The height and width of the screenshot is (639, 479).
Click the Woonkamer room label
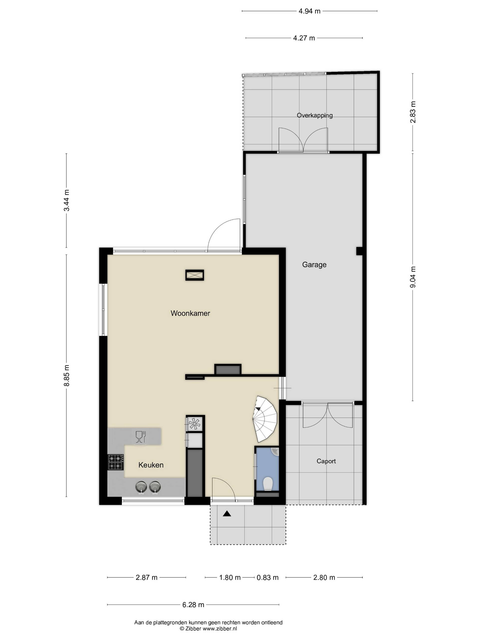[190, 313]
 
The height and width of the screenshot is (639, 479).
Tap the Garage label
[314, 265]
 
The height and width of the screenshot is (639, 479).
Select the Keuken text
[151, 465]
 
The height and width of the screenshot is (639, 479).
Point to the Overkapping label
[314, 115]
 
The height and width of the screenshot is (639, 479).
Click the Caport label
[326, 461]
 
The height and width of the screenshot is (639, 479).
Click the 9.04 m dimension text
[413, 277]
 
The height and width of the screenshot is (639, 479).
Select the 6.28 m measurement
[193, 605]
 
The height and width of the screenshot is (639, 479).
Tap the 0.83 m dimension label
[267, 577]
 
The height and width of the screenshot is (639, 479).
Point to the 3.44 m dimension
[67, 200]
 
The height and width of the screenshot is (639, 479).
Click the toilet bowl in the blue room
[268, 484]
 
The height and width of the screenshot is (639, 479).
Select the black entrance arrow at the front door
[227, 514]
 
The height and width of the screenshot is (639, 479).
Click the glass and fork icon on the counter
[140, 437]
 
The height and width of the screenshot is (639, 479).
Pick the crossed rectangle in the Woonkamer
[195, 275]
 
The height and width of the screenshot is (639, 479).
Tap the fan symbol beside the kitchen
[194, 424]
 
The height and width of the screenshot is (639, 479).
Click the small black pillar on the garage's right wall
[359, 251]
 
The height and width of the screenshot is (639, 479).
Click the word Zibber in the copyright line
[193, 628]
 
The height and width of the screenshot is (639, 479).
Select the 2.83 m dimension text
[413, 112]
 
